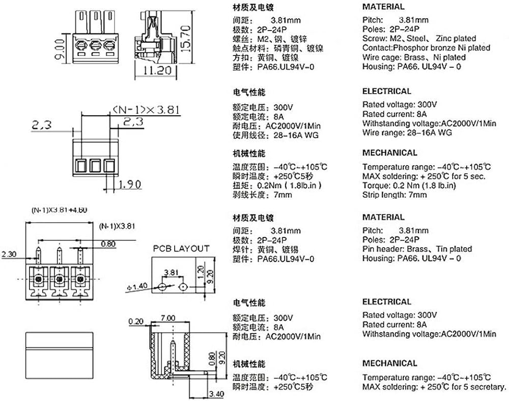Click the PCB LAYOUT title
tap(181, 249)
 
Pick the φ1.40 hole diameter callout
tap(136, 286)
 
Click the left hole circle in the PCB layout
tap(162, 287)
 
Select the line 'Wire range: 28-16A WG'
tap(407, 132)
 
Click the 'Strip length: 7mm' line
tap(394, 195)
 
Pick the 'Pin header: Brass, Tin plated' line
tap(417, 249)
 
